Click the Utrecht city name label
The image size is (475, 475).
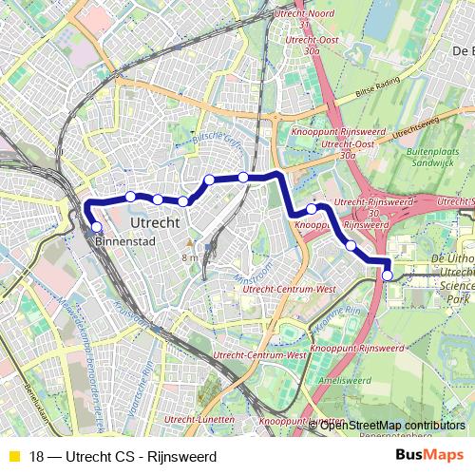[x=153, y=220]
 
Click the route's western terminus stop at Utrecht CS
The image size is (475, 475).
[x=96, y=226]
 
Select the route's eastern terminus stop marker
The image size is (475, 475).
[x=388, y=275]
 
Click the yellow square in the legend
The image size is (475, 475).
[x=13, y=456]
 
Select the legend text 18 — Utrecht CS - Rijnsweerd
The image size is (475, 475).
[x=123, y=456]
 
